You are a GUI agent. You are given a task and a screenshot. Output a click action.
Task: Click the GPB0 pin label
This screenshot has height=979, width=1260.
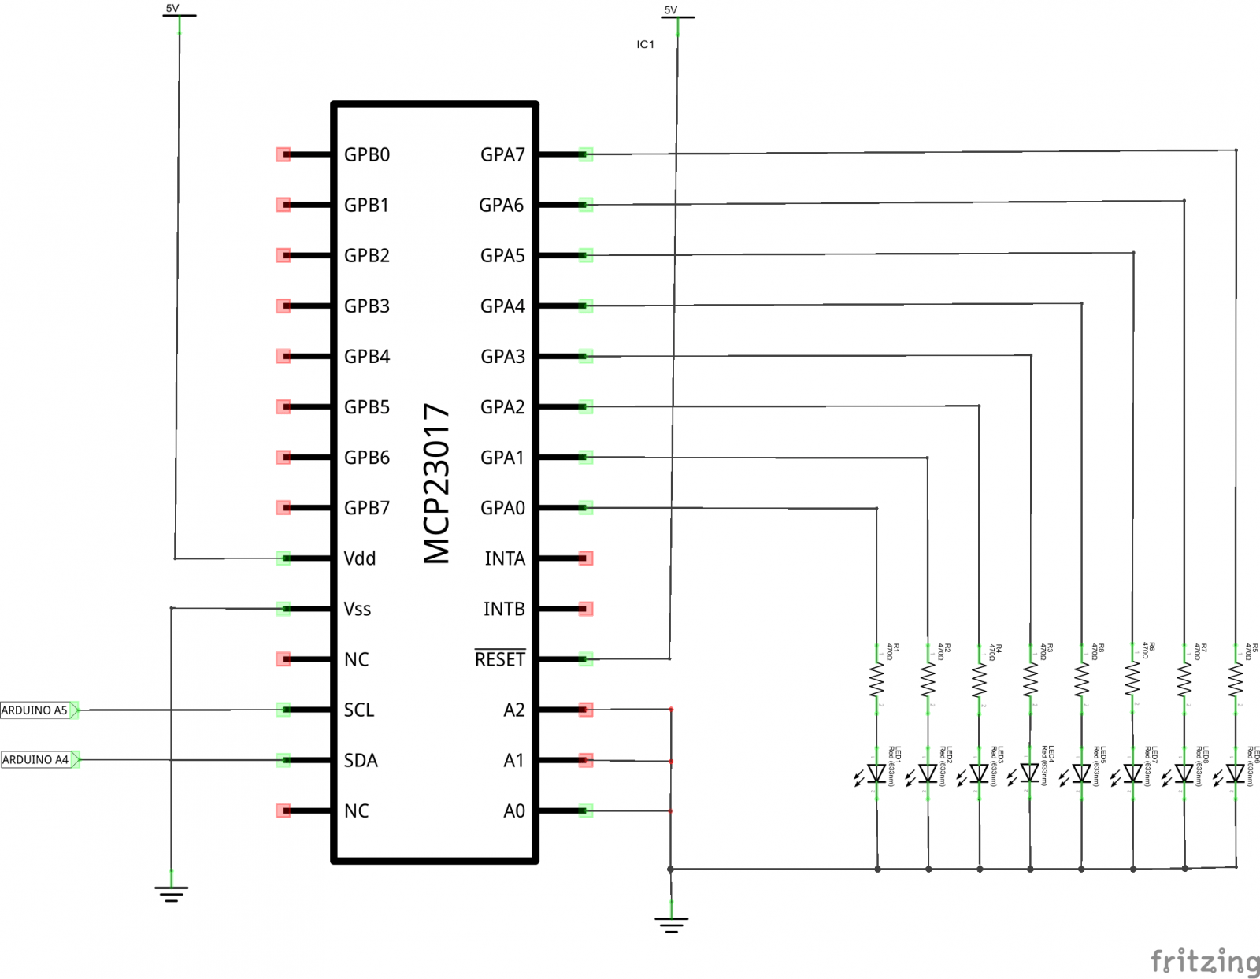click(x=366, y=154)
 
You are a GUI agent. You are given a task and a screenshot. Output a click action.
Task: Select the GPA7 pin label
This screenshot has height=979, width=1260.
click(x=502, y=154)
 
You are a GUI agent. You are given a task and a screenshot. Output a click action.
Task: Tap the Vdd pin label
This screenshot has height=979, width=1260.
click(x=360, y=558)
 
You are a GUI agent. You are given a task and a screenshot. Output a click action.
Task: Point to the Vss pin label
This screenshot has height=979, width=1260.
click(x=358, y=609)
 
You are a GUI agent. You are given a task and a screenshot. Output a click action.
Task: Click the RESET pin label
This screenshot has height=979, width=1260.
click(x=500, y=659)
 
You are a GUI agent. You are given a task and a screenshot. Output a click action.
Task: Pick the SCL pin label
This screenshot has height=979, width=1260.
click(x=359, y=710)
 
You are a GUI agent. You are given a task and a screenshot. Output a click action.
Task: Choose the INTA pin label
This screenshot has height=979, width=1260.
click(x=505, y=558)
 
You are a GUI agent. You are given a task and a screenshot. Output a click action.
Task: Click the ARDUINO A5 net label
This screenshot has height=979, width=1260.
click(x=36, y=710)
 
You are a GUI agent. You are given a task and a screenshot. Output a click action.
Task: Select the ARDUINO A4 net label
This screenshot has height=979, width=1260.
click(x=36, y=760)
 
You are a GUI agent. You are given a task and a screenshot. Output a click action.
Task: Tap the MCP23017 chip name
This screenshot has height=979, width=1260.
click(x=436, y=484)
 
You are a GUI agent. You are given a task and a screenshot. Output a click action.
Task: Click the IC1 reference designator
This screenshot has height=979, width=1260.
click(x=645, y=45)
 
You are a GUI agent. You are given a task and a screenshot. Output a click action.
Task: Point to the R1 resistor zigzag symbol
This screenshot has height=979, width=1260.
click(x=876, y=680)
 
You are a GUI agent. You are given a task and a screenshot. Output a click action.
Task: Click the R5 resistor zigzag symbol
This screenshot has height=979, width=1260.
click(x=1236, y=680)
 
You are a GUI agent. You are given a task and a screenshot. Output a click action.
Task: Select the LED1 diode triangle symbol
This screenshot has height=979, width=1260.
click(x=876, y=773)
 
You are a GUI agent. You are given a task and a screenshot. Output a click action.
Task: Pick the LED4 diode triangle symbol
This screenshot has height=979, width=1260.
click(x=1030, y=773)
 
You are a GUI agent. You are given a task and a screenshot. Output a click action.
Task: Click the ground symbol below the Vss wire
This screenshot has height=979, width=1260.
click(x=171, y=892)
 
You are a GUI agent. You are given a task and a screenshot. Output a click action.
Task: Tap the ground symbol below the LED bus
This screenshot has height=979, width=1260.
click(x=671, y=923)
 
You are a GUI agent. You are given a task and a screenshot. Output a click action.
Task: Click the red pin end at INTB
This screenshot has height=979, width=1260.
click(x=585, y=609)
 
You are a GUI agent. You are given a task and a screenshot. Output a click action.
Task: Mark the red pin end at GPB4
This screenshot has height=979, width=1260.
click(x=283, y=356)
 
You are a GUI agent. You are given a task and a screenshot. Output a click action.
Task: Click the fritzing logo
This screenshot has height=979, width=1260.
click(x=1204, y=962)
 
